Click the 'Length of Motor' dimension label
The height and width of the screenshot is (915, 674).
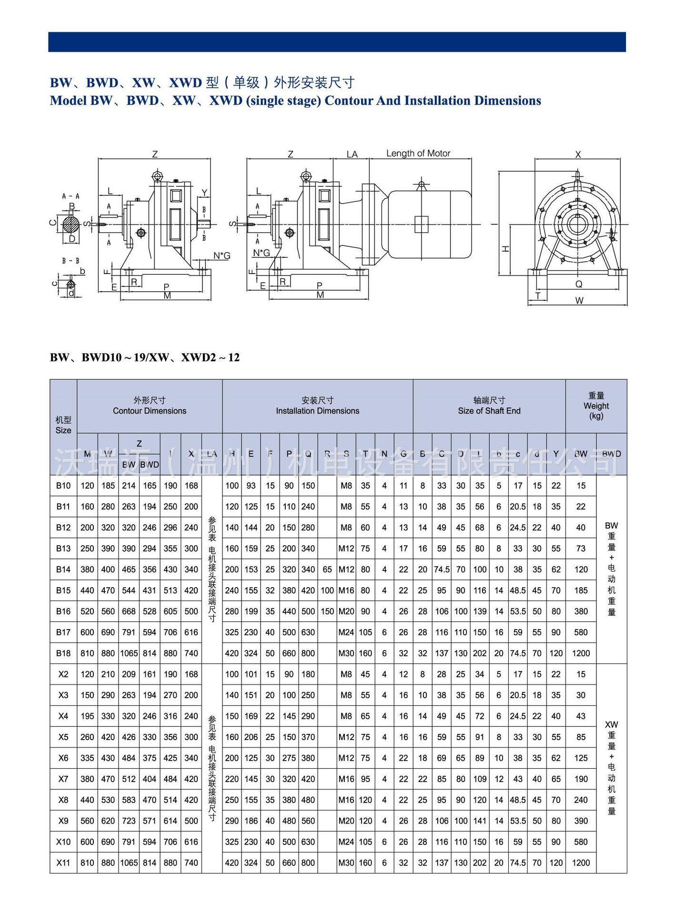pyautogui.click(x=418, y=153)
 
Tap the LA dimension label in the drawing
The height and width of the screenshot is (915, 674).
pyautogui.click(x=352, y=154)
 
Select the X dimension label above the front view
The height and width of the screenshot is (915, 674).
pyautogui.click(x=578, y=154)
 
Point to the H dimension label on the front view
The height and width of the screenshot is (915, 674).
pyautogui.click(x=506, y=248)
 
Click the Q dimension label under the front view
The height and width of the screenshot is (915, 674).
pyautogui.click(x=578, y=284)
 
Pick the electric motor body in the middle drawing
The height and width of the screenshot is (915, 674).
pyautogui.click(x=429, y=224)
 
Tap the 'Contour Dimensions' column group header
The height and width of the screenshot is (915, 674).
pyautogui.click(x=149, y=406)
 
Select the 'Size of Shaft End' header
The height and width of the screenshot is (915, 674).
pyautogui.click(x=489, y=406)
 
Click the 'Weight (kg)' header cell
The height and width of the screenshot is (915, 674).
pyautogui.click(x=596, y=406)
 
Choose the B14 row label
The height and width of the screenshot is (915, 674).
pyautogui.click(x=63, y=569)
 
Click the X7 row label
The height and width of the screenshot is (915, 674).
pyautogui.click(x=63, y=779)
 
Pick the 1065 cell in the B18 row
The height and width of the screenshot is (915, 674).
pyautogui.click(x=129, y=653)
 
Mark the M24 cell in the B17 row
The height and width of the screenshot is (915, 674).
pyautogui.click(x=346, y=632)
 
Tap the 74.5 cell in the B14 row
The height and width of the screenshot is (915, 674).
pyautogui.click(x=442, y=569)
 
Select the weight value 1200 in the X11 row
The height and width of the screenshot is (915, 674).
pyautogui.click(x=581, y=863)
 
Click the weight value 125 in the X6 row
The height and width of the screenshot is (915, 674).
pyautogui.click(x=581, y=758)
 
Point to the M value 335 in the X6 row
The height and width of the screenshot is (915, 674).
pyautogui.click(x=87, y=758)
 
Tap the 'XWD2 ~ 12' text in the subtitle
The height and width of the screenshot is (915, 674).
pyautogui.click(x=210, y=357)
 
